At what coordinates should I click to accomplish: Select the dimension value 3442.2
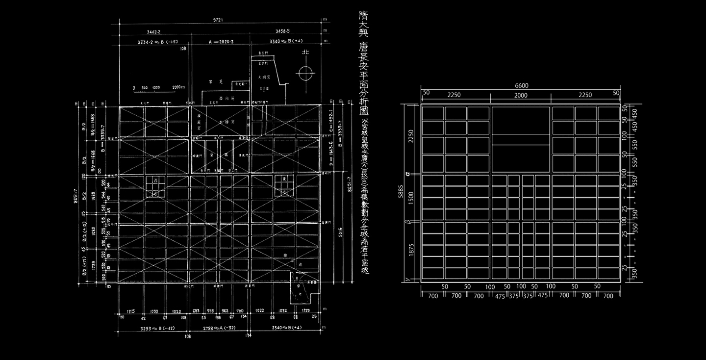tap(154, 31)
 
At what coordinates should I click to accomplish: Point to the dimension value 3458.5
tap(284, 31)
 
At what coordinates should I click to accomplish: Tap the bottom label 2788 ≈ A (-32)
tap(221, 327)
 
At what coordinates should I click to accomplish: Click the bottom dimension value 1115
tap(130, 311)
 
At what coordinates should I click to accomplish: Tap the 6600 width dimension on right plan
tap(521, 86)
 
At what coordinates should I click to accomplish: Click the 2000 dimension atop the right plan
tap(521, 95)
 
